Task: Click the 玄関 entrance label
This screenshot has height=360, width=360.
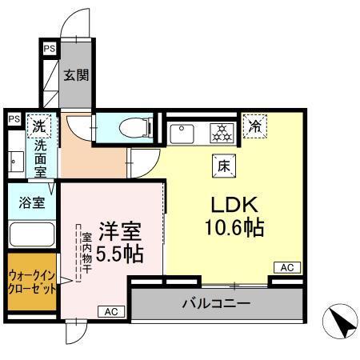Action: coord(77,75)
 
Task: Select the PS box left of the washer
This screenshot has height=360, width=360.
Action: coord(14,119)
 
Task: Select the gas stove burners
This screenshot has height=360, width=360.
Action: coord(221,131)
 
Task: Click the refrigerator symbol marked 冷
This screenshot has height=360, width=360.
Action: coord(255,125)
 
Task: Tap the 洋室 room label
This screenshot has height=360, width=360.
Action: coord(120,233)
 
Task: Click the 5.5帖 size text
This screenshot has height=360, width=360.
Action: coord(120,256)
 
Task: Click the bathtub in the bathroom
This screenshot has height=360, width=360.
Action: coord(30,236)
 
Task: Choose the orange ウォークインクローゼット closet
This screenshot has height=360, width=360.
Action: coord(31,284)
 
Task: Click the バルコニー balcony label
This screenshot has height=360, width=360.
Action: coord(216,304)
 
